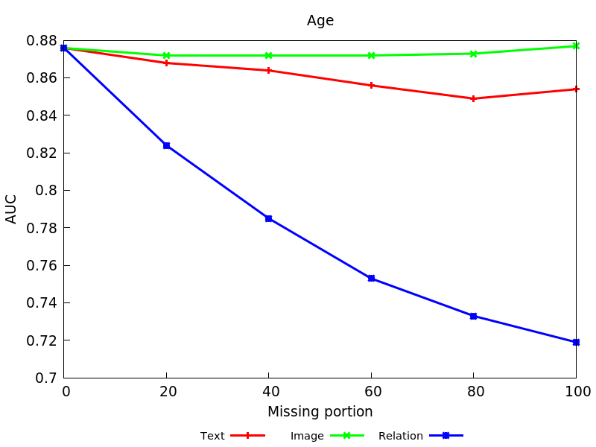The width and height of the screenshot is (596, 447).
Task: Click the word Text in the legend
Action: (212, 436)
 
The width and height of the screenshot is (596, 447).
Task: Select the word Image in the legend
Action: (307, 436)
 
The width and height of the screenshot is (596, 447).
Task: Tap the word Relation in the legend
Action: (401, 436)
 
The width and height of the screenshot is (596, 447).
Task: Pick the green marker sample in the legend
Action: (346, 435)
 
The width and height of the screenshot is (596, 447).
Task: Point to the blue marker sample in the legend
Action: (446, 435)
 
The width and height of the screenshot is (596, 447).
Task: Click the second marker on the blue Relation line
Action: (166, 145)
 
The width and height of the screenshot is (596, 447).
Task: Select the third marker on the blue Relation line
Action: (268, 219)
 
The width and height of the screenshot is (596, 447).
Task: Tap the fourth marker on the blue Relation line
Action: (371, 279)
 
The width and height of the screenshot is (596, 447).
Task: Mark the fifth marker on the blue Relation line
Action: (473, 316)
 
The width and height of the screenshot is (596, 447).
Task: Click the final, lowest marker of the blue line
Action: (576, 342)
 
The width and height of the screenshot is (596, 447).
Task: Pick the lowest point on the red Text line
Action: (473, 98)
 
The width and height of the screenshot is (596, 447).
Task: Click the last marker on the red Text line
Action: (576, 89)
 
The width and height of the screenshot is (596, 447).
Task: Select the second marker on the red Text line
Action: (166, 63)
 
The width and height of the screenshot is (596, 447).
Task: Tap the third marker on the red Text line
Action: (268, 70)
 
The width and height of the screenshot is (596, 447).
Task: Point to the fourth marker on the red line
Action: (371, 85)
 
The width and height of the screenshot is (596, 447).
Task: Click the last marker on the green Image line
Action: (576, 46)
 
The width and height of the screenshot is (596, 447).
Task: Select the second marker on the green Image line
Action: (166, 55)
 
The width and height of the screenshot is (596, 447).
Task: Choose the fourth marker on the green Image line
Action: (371, 55)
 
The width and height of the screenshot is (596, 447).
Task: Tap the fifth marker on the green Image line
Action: (473, 54)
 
